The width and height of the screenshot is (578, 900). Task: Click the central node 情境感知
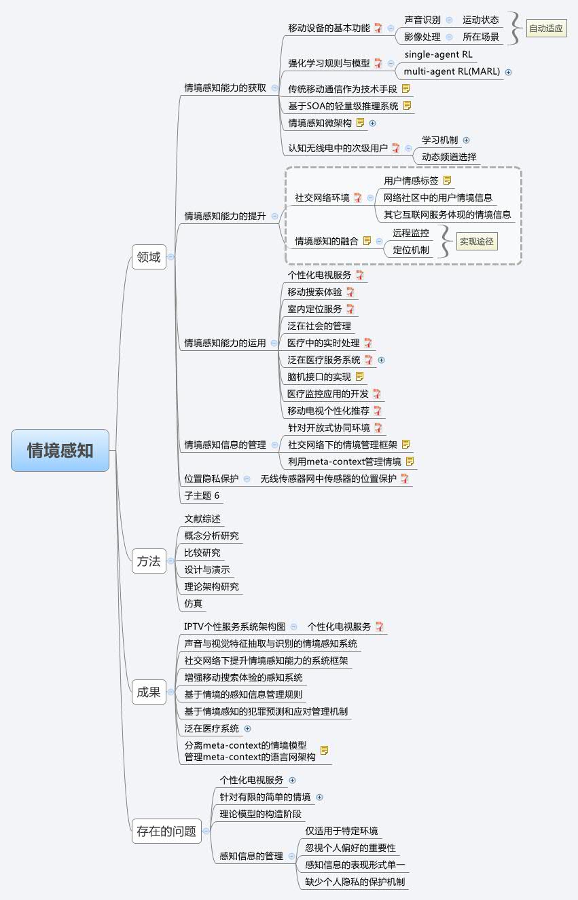click(x=60, y=450)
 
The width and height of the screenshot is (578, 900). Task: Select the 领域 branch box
click(x=149, y=257)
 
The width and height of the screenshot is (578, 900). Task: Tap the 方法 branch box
click(x=149, y=561)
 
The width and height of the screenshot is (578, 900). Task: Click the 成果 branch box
click(x=149, y=692)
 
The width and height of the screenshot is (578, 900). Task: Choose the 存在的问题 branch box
click(x=166, y=831)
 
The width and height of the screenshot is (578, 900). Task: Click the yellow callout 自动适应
click(x=546, y=29)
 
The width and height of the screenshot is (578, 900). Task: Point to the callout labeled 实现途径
click(x=476, y=240)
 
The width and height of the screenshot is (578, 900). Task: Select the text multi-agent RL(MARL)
click(x=452, y=71)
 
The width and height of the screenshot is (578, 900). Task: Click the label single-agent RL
click(x=438, y=54)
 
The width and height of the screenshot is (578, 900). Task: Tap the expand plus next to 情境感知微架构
click(x=372, y=123)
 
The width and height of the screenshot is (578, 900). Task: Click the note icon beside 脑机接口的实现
click(x=360, y=377)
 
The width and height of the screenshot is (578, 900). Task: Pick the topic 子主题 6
click(x=202, y=495)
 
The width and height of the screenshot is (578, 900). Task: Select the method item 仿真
click(x=194, y=603)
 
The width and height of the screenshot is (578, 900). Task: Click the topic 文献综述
click(x=202, y=519)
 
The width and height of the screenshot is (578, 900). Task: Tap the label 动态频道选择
click(x=449, y=157)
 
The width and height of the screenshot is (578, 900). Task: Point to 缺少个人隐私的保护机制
click(x=355, y=882)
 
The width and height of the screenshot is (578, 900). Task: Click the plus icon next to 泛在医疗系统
click(x=247, y=728)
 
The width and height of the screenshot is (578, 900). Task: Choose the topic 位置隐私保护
click(x=211, y=479)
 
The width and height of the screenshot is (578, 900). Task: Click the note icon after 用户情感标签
click(x=447, y=181)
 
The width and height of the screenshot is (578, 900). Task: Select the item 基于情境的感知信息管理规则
click(x=243, y=694)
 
